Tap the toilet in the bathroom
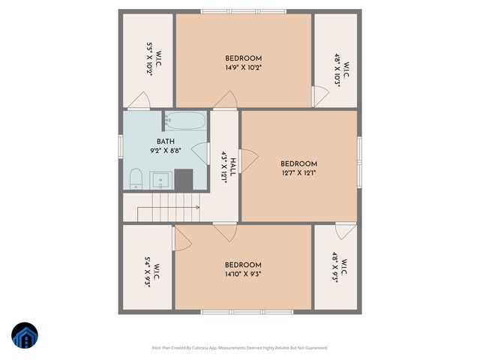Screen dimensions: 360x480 (x=136, y=178)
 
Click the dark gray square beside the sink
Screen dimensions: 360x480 (x=184, y=178)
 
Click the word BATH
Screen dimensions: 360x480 (x=166, y=142)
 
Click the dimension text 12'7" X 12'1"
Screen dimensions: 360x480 (x=298, y=172)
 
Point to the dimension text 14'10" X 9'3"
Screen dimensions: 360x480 (x=243, y=274)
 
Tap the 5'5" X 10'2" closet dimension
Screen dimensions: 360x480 (x=149, y=56)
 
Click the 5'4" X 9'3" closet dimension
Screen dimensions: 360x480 (x=148, y=267)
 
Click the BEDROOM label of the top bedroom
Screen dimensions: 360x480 (x=243, y=58)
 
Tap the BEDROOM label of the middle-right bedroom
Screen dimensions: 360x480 (x=298, y=163)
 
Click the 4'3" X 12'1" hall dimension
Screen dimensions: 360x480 (x=223, y=167)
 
